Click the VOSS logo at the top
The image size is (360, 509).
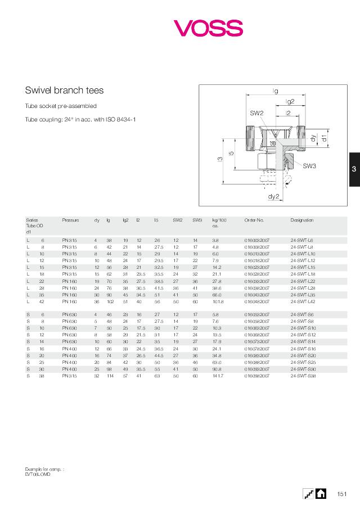(208, 28)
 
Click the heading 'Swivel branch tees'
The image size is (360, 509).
(64, 90)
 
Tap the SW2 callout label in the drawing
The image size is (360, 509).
(256, 113)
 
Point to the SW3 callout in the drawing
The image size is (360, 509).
(309, 166)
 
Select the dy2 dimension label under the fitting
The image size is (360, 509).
(274, 196)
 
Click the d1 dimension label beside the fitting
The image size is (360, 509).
(325, 137)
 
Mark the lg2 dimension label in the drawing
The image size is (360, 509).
(290, 101)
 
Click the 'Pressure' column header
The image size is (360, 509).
(70, 220)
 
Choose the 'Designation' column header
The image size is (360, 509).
(302, 220)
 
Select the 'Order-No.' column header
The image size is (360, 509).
(254, 220)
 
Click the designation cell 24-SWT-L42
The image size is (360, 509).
(303, 301)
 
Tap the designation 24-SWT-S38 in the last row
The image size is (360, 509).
(303, 376)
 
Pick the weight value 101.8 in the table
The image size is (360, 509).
(218, 301)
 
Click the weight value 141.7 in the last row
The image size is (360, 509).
(218, 376)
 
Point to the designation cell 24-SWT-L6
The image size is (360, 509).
(301, 240)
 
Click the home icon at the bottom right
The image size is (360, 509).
(321, 493)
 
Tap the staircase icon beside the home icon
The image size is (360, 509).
(308, 493)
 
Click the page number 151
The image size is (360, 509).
(341, 494)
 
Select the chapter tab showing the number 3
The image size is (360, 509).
(354, 169)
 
